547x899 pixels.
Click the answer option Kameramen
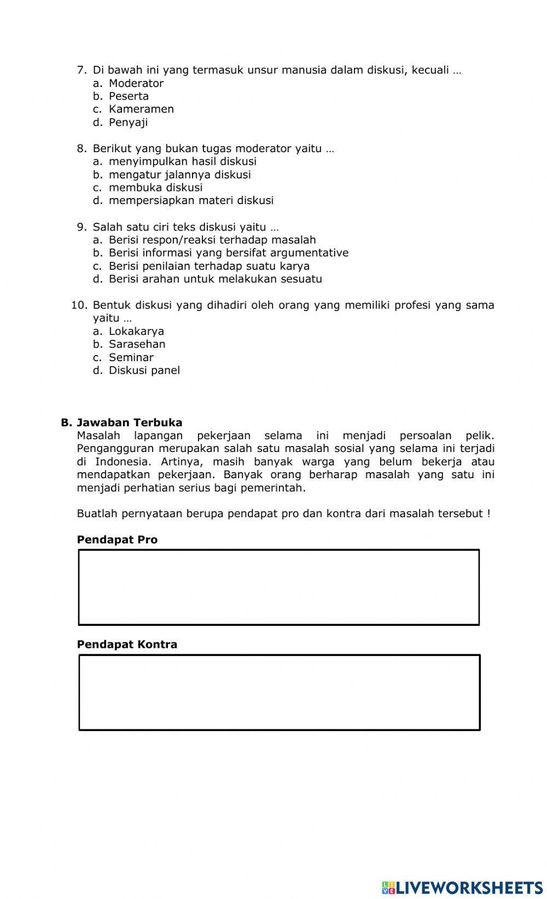[141, 109]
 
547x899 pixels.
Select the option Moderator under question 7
[136, 83]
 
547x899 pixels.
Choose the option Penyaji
[128, 122]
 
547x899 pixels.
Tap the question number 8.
[82, 148]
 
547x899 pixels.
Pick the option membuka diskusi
[155, 187]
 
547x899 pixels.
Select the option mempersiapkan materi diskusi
[191, 200]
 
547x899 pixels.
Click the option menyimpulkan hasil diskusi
[182, 161]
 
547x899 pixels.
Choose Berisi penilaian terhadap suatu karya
[209, 266]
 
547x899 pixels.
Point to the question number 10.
[79, 305]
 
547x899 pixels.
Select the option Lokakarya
[136, 331]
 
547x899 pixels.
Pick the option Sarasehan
[137, 344]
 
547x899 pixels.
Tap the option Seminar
[131, 357]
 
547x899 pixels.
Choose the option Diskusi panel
[144, 370]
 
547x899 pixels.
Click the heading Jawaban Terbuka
[129, 422]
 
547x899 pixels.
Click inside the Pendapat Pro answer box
[279, 587]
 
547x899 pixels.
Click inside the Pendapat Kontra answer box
[279, 692]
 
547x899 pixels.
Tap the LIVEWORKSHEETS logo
[462, 887]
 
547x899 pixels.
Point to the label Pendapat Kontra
[127, 644]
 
